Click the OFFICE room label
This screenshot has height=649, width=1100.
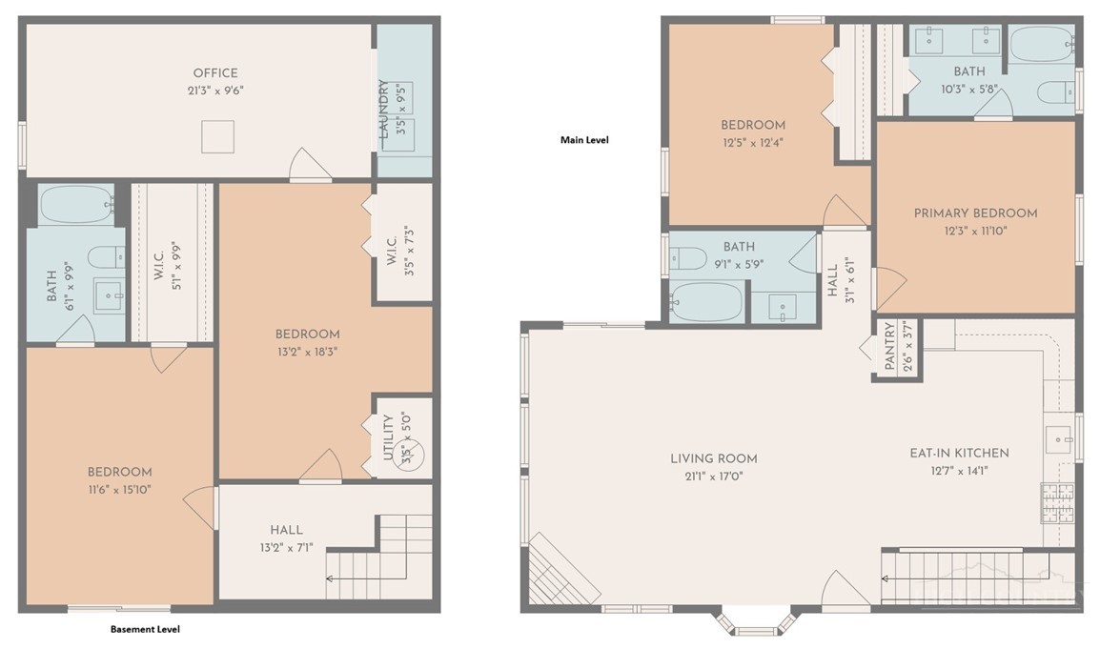(x=215, y=73)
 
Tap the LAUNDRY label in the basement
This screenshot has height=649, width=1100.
(x=383, y=108)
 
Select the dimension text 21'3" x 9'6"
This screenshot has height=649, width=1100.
(x=215, y=91)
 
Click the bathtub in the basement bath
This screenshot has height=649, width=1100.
(x=76, y=204)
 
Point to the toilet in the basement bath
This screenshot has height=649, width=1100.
(x=106, y=257)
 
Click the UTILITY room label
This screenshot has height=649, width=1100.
(x=388, y=437)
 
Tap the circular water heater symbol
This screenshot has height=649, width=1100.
(x=409, y=449)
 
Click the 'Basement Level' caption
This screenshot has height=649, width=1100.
(x=145, y=629)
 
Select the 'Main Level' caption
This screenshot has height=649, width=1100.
(x=584, y=140)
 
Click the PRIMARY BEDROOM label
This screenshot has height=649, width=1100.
(x=975, y=213)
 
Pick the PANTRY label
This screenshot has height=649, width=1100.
(x=889, y=346)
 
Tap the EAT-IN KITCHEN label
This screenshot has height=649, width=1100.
(x=959, y=454)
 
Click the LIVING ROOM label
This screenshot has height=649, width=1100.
(x=713, y=458)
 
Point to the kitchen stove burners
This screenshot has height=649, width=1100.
(x=1056, y=503)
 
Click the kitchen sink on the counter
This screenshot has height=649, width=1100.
(x=1059, y=440)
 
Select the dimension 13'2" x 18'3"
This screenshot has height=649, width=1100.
(x=307, y=352)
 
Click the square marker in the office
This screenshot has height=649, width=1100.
(x=217, y=136)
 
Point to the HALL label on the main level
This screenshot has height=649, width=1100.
(x=833, y=280)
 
